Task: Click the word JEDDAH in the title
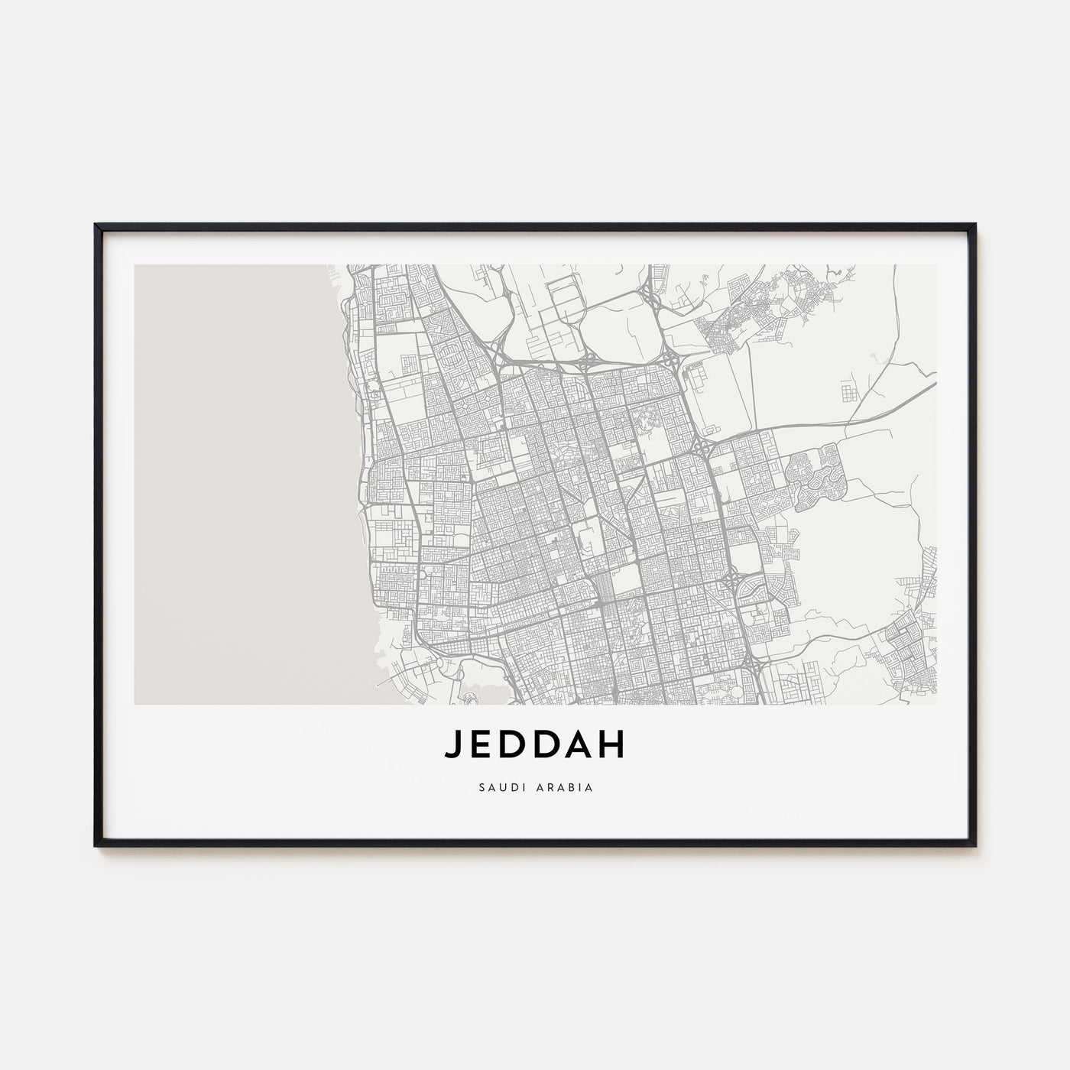[x=534, y=747]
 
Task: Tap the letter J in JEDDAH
[x=452, y=747]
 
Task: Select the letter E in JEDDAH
[x=480, y=747]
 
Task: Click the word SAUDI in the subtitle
[x=501, y=786]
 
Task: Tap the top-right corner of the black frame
[x=974, y=225]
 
